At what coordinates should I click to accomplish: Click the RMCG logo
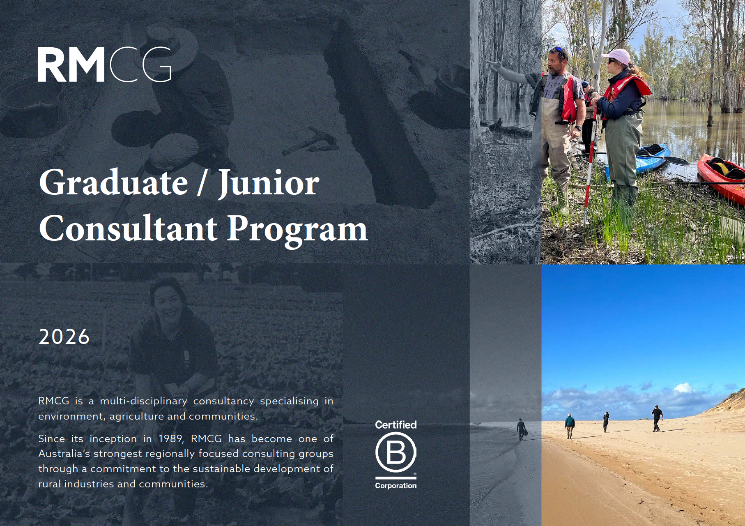(x=105, y=65)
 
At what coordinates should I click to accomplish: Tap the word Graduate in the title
(x=113, y=182)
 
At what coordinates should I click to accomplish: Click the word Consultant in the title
(x=128, y=228)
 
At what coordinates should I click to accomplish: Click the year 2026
(x=64, y=337)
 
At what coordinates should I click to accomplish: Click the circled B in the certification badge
(x=395, y=452)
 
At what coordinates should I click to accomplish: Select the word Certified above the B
(x=396, y=424)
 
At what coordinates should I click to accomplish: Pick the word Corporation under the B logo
(x=396, y=485)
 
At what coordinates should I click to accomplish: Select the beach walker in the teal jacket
(x=570, y=426)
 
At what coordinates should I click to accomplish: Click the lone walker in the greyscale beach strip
(x=521, y=429)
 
